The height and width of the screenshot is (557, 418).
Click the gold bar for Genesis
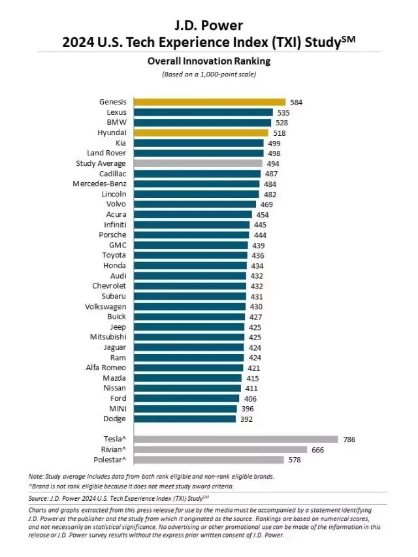tap(210, 102)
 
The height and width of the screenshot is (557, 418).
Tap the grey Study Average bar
tap(198, 163)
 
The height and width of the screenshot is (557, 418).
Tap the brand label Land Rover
tap(107, 153)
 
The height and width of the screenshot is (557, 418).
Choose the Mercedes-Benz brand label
tap(99, 183)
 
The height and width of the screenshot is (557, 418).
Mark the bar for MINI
tap(185, 409)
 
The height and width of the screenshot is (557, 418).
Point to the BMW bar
tap(202, 122)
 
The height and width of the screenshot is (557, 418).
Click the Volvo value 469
tap(267, 204)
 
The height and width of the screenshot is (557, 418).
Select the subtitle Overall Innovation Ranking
tap(209, 61)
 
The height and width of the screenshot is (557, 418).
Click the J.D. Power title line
tap(209, 25)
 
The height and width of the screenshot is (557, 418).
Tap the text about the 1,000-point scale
tap(209, 74)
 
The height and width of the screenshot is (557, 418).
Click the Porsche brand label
tap(112, 235)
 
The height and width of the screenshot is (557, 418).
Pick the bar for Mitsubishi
tap(189, 337)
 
